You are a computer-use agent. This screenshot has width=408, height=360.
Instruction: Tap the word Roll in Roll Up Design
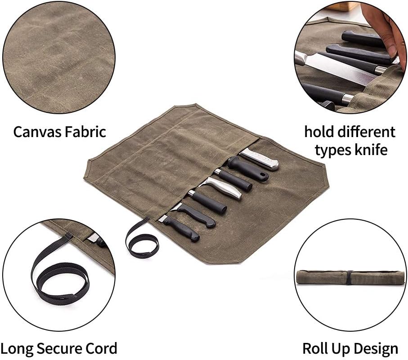click(313, 349)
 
